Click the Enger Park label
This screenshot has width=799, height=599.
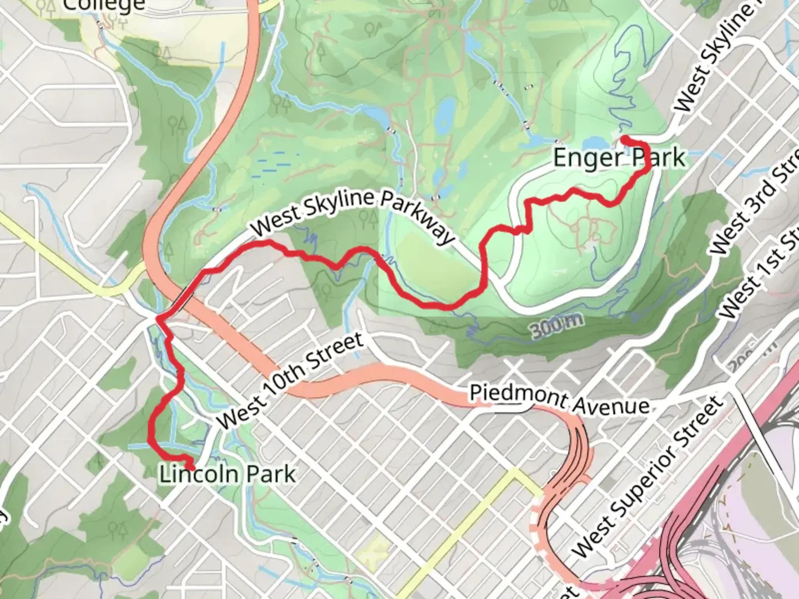[619, 158]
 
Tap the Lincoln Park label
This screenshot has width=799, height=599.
[227, 475]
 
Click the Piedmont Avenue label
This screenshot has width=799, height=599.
[559, 399]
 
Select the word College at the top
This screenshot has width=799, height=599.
[104, 6]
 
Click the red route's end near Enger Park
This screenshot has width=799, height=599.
[623, 138]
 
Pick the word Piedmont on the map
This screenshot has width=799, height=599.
[511, 394]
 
